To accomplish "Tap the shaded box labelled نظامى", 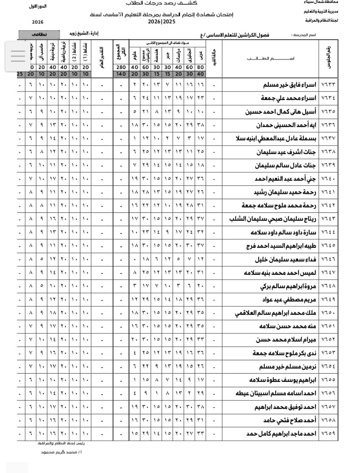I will [x=39, y=34].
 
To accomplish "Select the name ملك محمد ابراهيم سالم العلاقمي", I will [x=276, y=313].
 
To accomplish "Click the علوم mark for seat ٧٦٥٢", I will [x=135, y=340].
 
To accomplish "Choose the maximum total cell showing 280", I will [x=121, y=67].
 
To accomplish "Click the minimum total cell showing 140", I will [x=121, y=74].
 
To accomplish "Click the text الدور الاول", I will [x=38, y=7].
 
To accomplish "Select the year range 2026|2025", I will [x=162, y=22].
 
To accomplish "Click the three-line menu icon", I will [x=18, y=55].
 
